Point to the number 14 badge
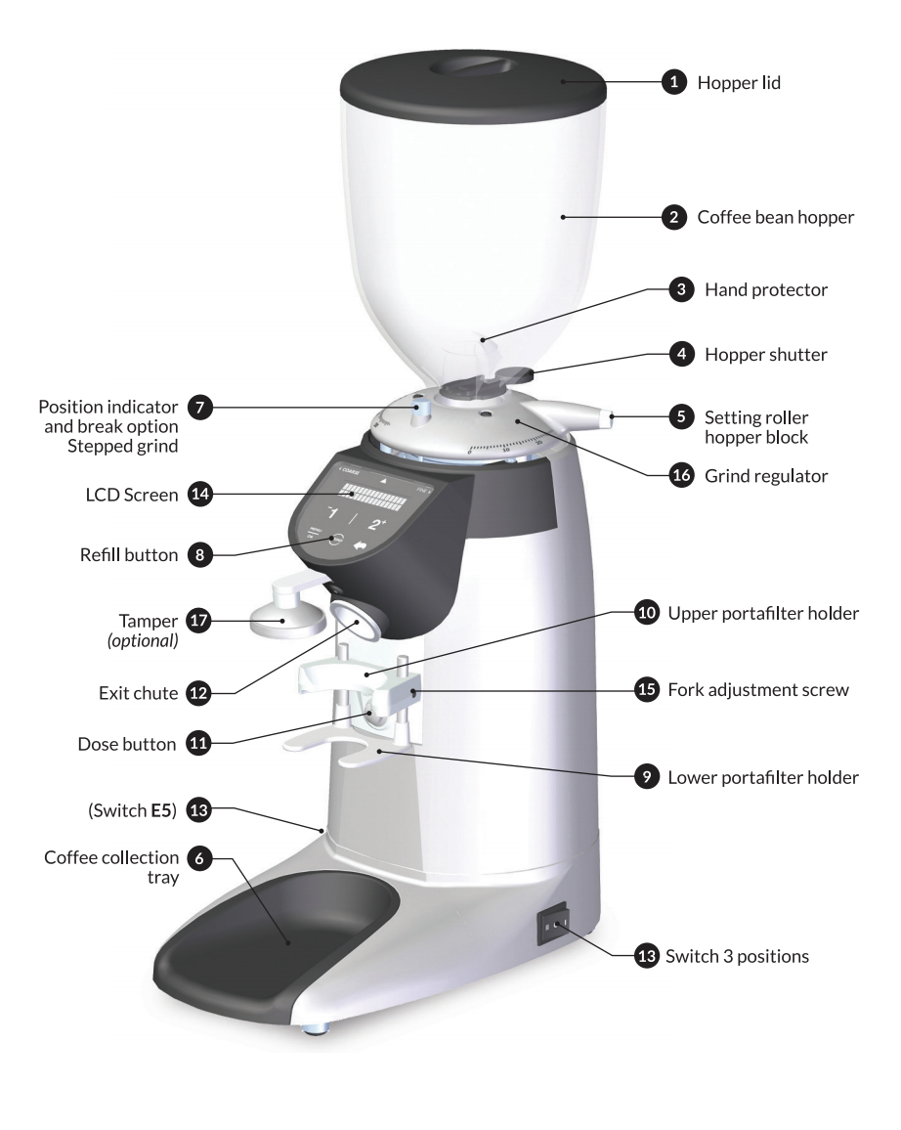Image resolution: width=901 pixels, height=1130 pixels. click(198, 496)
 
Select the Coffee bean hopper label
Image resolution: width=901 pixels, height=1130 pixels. click(776, 218)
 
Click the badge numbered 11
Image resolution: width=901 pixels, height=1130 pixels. click(198, 744)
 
